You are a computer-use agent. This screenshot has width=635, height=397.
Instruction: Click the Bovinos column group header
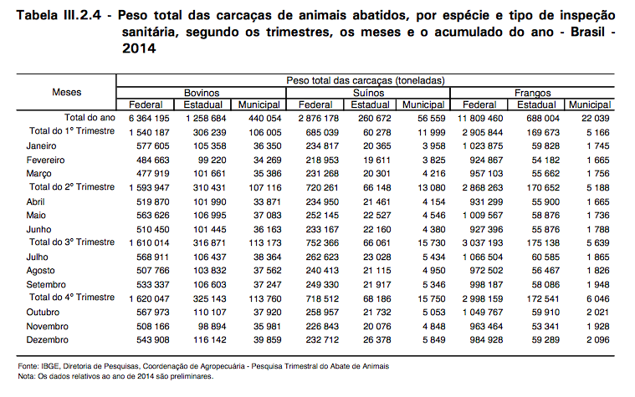(x=202, y=93)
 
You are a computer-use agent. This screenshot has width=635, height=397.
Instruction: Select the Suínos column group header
(x=368, y=93)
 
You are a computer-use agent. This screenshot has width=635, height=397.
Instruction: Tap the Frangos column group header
(x=533, y=93)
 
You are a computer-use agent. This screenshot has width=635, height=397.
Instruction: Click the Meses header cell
(x=67, y=92)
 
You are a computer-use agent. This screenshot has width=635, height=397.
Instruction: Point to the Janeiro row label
(x=41, y=145)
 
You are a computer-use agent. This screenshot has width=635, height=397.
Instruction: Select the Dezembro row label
(x=48, y=339)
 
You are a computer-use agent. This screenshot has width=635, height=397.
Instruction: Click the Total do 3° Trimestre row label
(x=72, y=242)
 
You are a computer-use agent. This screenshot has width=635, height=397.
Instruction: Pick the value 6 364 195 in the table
(x=149, y=118)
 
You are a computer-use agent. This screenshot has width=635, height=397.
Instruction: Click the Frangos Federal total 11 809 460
(x=480, y=118)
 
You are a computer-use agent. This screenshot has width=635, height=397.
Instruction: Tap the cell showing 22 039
(x=596, y=118)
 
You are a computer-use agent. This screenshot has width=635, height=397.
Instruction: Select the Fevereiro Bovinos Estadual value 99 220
(x=213, y=160)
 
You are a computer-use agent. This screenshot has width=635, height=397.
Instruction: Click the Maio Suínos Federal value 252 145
(x=322, y=216)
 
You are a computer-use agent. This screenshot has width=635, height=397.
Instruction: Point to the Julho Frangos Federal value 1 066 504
(x=483, y=257)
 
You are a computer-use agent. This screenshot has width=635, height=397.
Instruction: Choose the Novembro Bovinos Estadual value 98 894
(x=213, y=326)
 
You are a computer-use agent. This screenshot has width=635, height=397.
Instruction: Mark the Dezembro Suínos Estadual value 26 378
(x=377, y=339)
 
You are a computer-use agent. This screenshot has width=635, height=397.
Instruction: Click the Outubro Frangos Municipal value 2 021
(x=598, y=312)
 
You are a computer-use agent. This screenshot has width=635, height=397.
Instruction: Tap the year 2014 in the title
(x=139, y=48)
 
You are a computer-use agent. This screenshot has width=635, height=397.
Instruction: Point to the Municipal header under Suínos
(x=423, y=104)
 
